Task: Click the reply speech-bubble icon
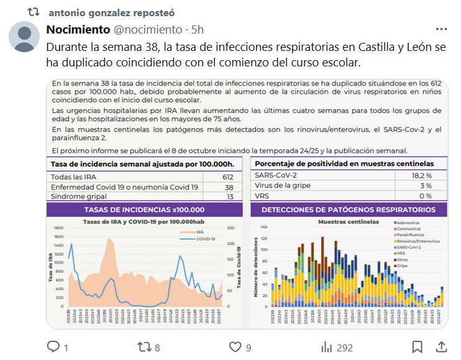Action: pyautogui.click(x=53, y=347)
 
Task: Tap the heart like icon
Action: pyautogui.click(x=235, y=347)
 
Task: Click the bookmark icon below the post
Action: pyautogui.click(x=418, y=347)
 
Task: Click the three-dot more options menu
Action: pyautogui.click(x=440, y=29)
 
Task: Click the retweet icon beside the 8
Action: pyautogui.click(x=143, y=347)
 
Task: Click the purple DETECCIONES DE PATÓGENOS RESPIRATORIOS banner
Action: pyautogui.click(x=349, y=210)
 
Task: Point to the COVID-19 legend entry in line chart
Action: pyautogui.click(x=203, y=239)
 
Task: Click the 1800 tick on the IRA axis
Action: pyautogui.click(x=59, y=228)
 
